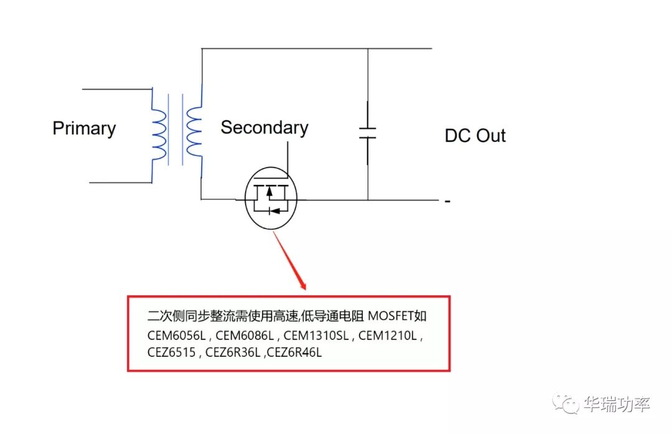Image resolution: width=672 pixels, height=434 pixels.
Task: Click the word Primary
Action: tap(84, 128)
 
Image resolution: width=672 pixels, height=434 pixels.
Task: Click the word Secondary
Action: tap(264, 128)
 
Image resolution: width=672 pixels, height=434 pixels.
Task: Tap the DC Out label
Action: tap(475, 136)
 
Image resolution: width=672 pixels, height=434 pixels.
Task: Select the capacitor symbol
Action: tap(367, 133)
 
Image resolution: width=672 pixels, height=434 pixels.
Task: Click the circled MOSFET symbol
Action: tap(271, 197)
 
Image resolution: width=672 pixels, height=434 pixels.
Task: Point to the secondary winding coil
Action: tap(194, 133)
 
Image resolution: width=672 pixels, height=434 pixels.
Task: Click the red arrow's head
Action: tap(303, 286)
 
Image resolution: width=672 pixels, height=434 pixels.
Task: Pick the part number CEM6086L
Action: tap(246, 335)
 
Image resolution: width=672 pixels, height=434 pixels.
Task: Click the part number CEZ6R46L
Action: tap(294, 352)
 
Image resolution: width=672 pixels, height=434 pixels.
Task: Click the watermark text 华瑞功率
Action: tap(617, 404)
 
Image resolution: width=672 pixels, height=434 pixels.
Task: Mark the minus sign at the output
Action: tap(447, 202)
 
